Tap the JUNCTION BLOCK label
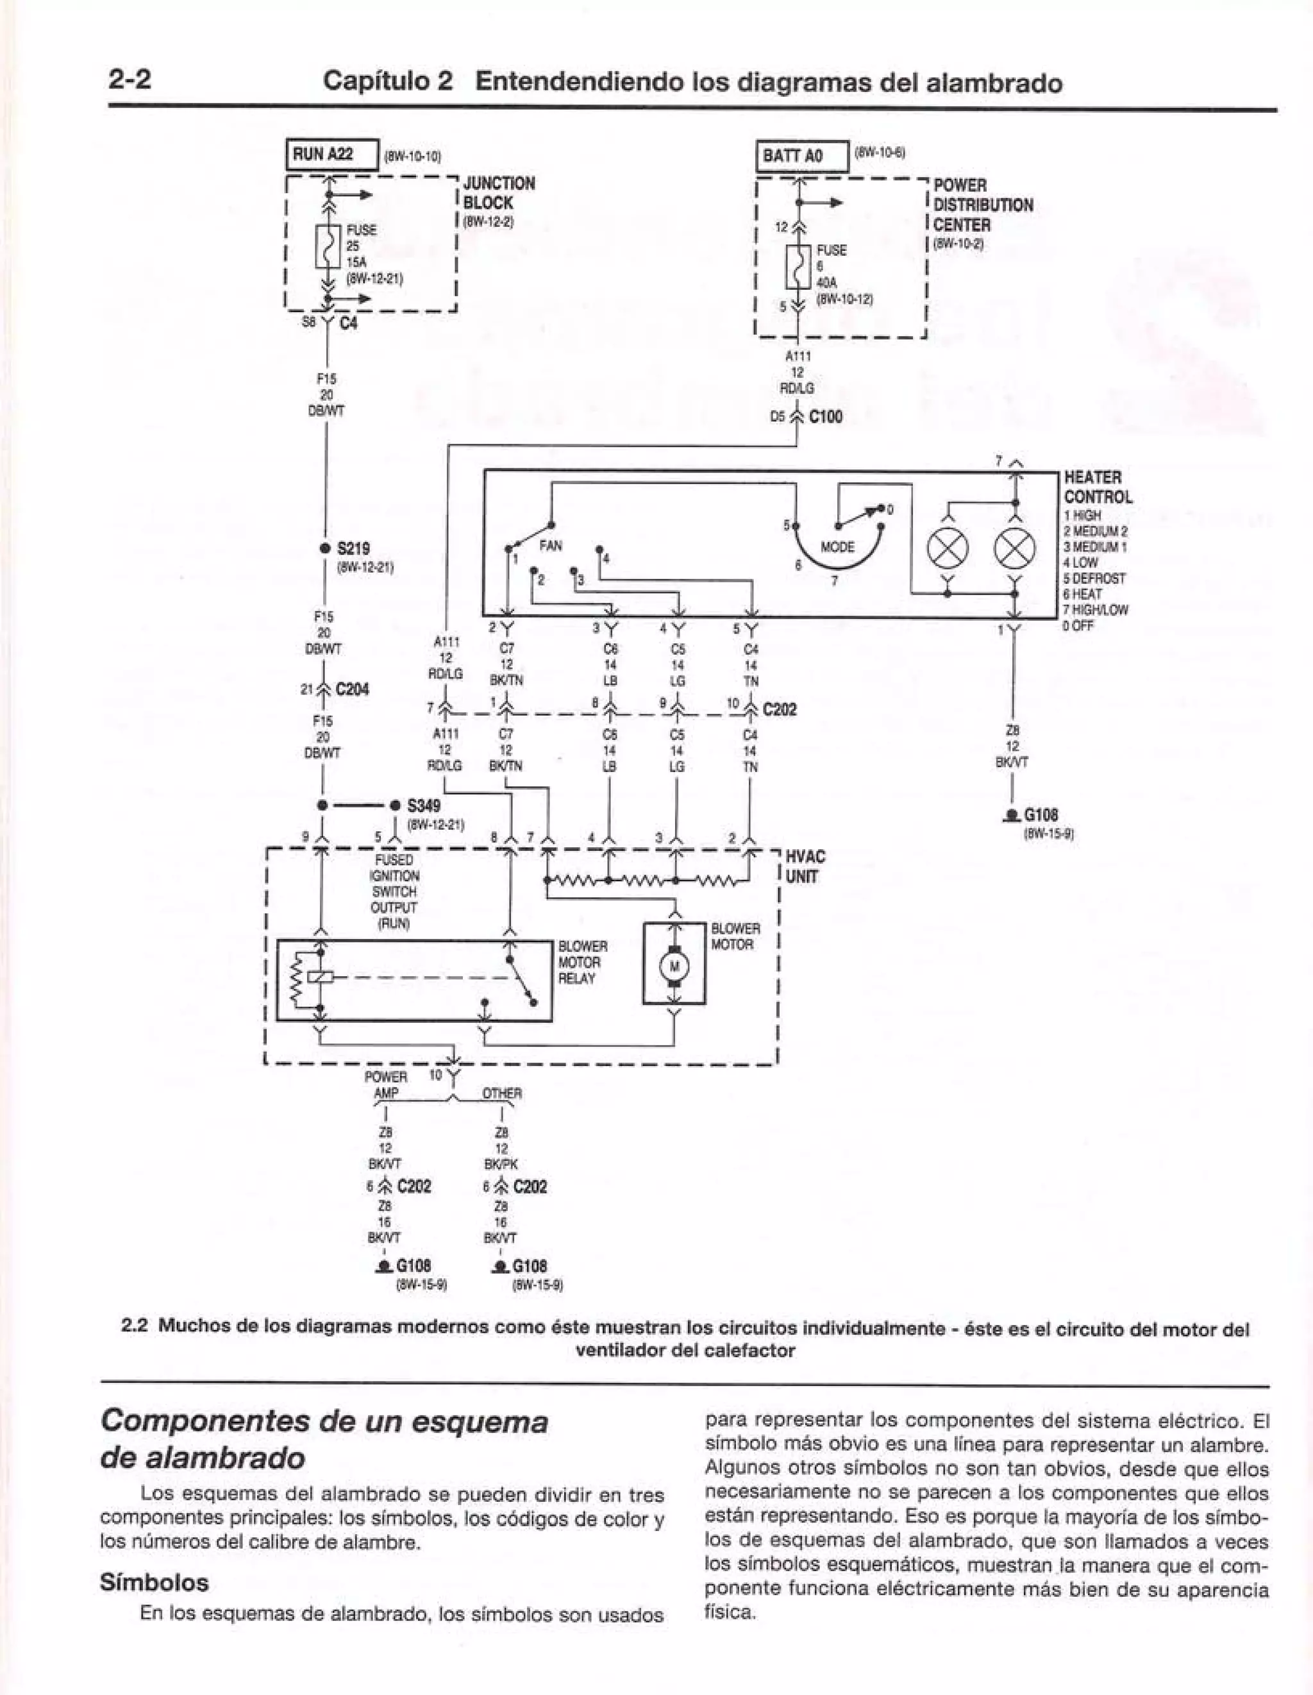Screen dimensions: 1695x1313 (498, 193)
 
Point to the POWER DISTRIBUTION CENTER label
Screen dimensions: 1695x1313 (982, 206)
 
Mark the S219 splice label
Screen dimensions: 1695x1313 (355, 548)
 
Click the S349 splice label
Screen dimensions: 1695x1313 (423, 805)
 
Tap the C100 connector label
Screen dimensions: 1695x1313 (825, 417)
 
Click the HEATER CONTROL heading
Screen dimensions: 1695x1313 (1098, 487)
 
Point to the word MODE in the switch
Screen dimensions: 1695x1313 (837, 547)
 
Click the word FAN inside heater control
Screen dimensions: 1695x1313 (550, 546)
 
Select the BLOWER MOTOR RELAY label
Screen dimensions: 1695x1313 (582, 963)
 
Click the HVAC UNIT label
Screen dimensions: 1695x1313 (805, 867)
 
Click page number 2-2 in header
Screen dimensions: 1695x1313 (130, 80)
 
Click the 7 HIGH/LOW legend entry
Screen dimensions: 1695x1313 (1096, 610)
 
